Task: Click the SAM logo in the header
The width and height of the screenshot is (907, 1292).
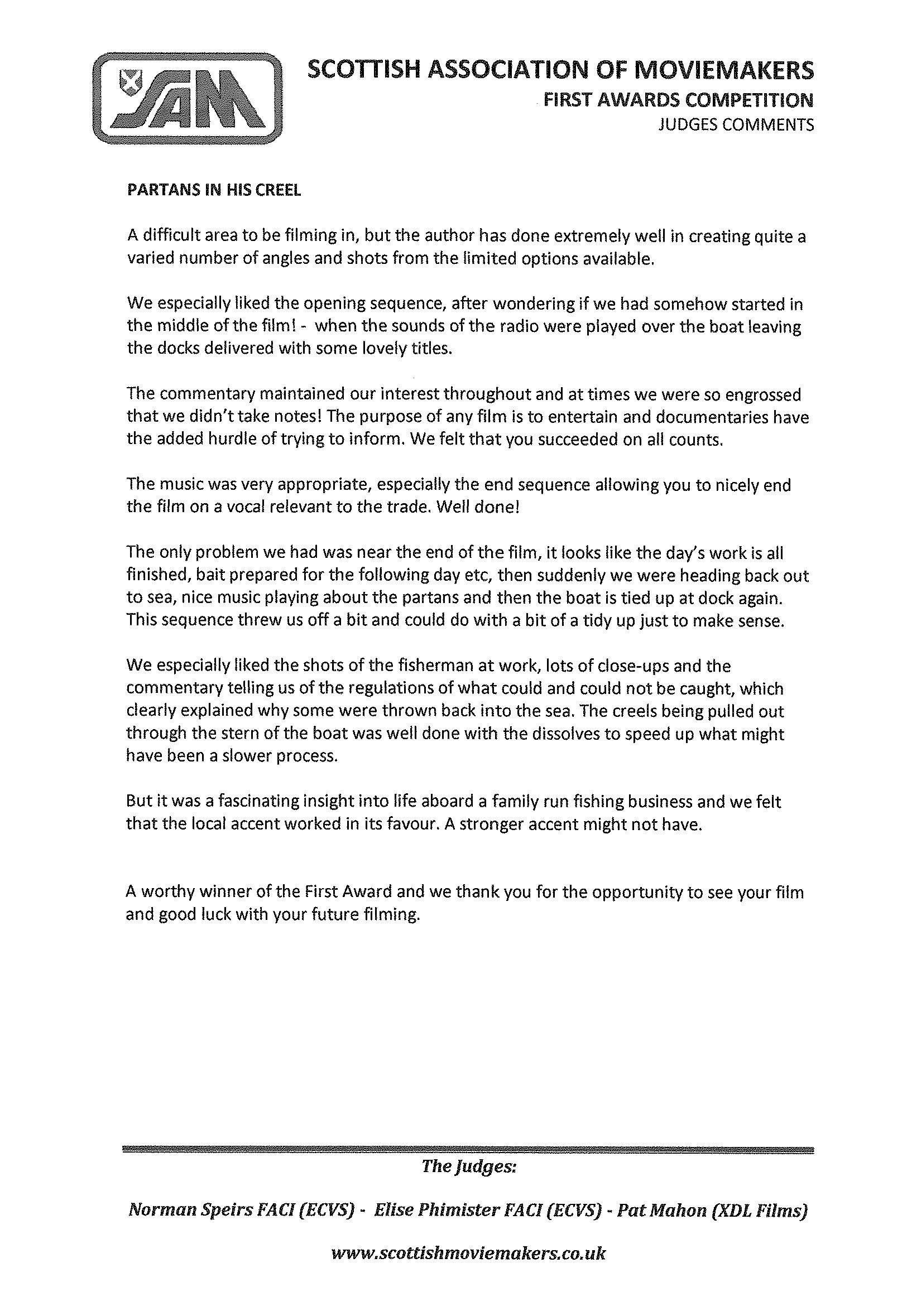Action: point(187,99)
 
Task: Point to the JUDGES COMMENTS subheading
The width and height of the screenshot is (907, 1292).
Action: point(736,124)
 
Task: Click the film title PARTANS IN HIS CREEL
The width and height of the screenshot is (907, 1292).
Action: point(214,190)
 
